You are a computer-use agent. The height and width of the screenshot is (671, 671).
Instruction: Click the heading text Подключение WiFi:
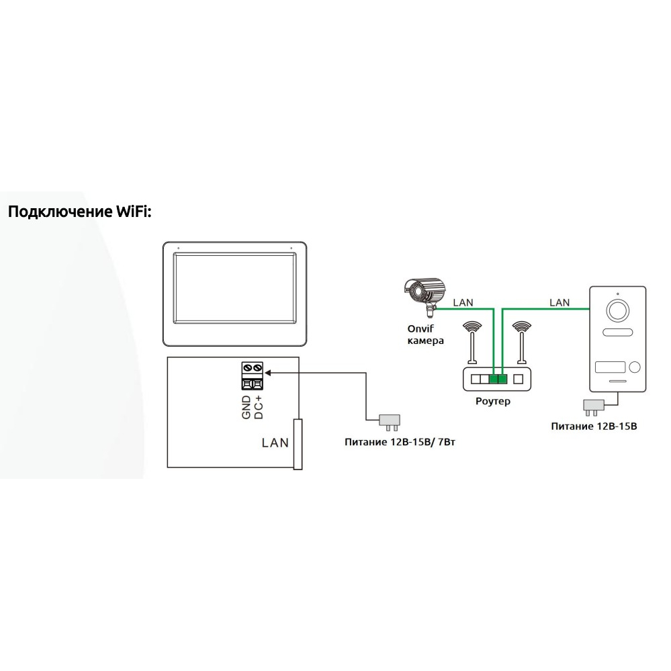tap(80, 213)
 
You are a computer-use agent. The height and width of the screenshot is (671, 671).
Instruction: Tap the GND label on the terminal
tap(247, 408)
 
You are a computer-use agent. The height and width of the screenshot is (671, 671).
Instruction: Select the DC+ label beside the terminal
tap(258, 408)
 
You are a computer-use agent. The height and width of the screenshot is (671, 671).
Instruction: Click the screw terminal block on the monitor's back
tap(252, 376)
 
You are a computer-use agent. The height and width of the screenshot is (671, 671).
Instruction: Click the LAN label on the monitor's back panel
tap(275, 443)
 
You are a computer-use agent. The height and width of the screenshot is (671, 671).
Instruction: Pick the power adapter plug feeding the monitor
tap(390, 420)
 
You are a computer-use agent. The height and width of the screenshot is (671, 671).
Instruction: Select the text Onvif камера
tap(426, 334)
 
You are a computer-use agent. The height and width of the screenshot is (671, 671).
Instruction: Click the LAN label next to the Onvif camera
tap(463, 302)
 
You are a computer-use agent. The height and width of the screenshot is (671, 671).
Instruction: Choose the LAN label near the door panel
tap(560, 302)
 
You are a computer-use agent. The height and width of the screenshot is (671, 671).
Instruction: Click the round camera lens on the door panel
tap(617, 310)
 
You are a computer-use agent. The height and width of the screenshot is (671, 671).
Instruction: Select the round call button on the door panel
tap(634, 367)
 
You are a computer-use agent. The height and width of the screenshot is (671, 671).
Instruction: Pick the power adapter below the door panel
tap(594, 405)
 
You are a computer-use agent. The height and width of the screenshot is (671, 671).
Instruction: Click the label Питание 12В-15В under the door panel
tap(594, 426)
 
